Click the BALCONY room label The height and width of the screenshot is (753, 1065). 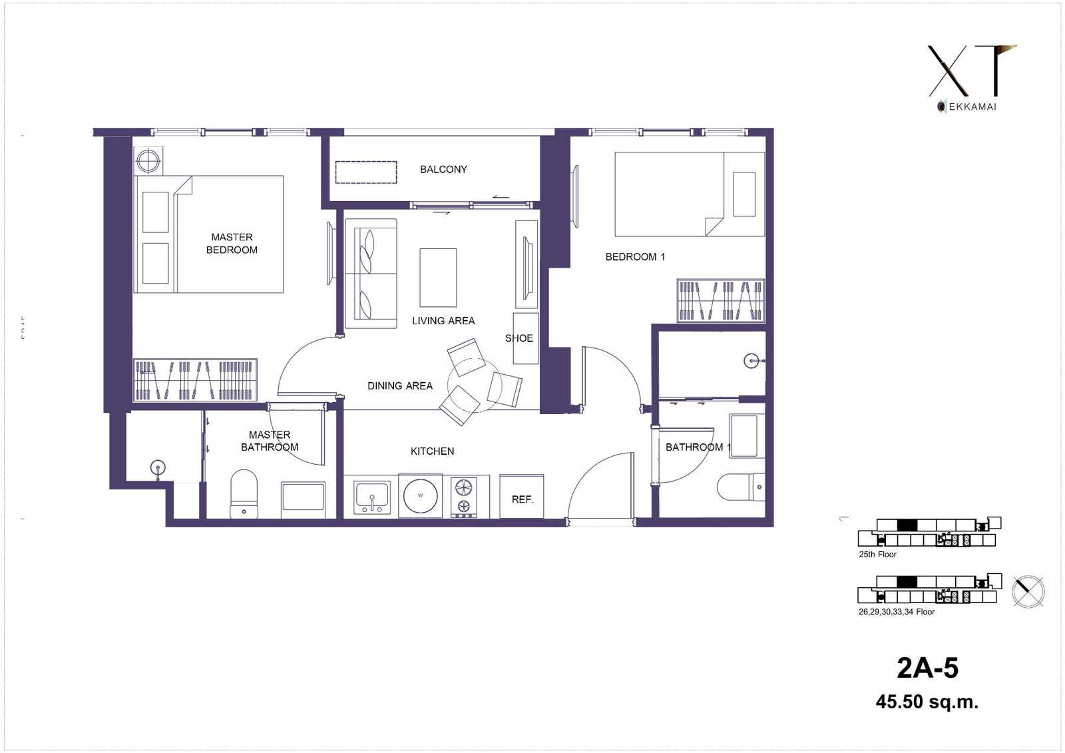pyautogui.click(x=443, y=169)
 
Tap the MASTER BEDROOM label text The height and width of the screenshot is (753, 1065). pyautogui.click(x=232, y=243)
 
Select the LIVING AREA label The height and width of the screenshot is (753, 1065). pyautogui.click(x=443, y=321)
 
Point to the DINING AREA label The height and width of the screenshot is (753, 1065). pyautogui.click(x=400, y=385)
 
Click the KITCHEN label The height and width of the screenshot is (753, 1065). pyautogui.click(x=432, y=451)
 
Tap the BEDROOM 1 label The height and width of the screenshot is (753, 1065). pyautogui.click(x=635, y=257)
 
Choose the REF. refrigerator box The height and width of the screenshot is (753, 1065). pyautogui.click(x=522, y=496)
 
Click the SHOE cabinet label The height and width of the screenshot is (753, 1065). pyautogui.click(x=519, y=338)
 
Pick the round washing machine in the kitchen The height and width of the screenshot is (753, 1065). pyautogui.click(x=420, y=495)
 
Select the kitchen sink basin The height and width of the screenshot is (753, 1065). pyautogui.click(x=372, y=497)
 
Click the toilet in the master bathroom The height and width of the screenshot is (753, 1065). pyautogui.click(x=244, y=494)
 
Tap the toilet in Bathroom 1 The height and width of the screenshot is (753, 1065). pyautogui.click(x=741, y=487)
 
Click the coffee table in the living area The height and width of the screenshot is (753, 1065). pyautogui.click(x=438, y=278)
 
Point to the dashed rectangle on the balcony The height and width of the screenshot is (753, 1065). pyautogui.click(x=366, y=172)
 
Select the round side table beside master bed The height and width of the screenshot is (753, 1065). pyautogui.click(x=148, y=160)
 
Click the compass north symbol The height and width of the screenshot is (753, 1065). pyautogui.click(x=1028, y=592)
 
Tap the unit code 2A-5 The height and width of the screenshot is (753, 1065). pyautogui.click(x=928, y=668)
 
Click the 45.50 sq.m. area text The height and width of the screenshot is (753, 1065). pyautogui.click(x=927, y=702)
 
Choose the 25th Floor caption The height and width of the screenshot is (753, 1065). pyautogui.click(x=877, y=554)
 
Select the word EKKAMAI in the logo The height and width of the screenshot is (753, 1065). pyautogui.click(x=972, y=107)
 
